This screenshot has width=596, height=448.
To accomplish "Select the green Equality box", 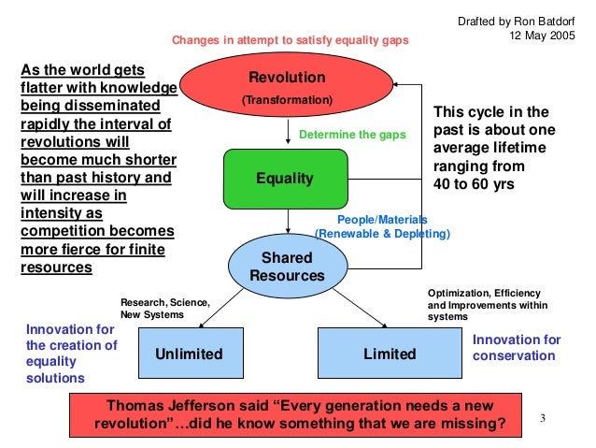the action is click(285, 178).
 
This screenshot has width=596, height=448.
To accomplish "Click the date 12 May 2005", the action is click(543, 36).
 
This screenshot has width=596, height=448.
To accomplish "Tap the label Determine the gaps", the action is click(352, 136).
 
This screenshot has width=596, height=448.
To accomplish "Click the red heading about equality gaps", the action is click(290, 42).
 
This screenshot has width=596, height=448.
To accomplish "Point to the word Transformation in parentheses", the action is click(286, 98).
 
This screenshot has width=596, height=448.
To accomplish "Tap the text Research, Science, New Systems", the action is click(164, 309).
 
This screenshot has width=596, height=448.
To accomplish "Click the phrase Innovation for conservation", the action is click(516, 348).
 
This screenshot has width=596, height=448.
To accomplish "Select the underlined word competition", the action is click(63, 232).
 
